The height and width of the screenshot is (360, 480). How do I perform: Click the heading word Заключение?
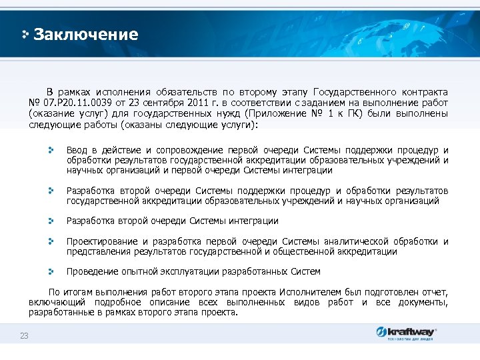[85, 35]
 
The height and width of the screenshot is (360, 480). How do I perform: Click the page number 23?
[24, 335]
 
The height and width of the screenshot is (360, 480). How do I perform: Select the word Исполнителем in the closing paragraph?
[308, 293]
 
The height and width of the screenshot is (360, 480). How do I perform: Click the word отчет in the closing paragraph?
[435, 293]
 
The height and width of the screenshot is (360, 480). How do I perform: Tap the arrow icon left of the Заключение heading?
[25, 35]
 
